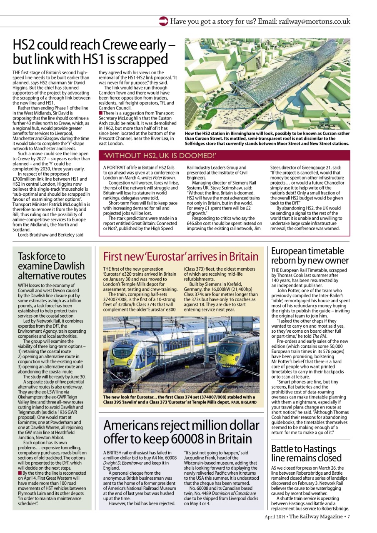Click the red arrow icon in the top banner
coord(164,21)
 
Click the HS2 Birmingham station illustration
coord(267,84)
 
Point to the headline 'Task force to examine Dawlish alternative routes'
coord(52,266)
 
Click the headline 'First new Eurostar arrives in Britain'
coord(181,256)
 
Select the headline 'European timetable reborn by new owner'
coord(310,256)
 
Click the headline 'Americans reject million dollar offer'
coord(181,432)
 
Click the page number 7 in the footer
coord(348,517)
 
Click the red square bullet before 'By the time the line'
coord(20,473)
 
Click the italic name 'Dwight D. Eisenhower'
coord(122,463)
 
